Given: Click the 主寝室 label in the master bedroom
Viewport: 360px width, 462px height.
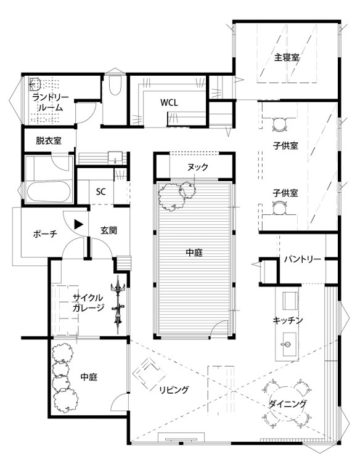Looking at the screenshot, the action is click(x=287, y=57).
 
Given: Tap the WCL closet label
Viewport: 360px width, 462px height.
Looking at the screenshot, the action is click(x=169, y=102).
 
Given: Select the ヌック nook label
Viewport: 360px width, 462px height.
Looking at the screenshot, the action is click(x=197, y=167).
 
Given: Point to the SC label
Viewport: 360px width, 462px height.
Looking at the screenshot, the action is click(x=101, y=192).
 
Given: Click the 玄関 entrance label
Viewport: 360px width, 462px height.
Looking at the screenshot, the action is click(x=108, y=230).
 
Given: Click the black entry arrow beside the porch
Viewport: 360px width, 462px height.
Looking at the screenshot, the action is click(x=78, y=224).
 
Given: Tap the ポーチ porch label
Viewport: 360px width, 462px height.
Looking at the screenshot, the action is click(x=45, y=234).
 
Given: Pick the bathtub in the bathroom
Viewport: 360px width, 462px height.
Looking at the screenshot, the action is click(x=49, y=191).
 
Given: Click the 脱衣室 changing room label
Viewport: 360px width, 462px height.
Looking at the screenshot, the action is click(x=49, y=140).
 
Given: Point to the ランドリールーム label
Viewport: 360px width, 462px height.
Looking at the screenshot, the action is click(x=51, y=102).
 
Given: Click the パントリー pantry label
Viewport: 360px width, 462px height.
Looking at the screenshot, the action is click(x=303, y=259).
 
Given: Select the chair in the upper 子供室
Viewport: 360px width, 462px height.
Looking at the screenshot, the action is click(x=279, y=124).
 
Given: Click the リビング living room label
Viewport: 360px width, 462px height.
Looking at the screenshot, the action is click(x=174, y=390).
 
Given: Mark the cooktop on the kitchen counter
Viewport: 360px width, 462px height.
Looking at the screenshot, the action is click(x=290, y=301).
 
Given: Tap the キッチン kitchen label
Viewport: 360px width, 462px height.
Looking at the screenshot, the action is click(x=288, y=320).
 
